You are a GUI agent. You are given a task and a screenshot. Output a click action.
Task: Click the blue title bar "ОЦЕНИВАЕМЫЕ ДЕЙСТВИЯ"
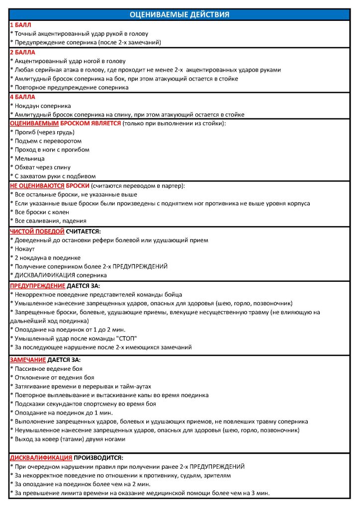tap(180, 14)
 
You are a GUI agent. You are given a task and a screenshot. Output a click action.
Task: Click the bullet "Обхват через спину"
tap(43, 167)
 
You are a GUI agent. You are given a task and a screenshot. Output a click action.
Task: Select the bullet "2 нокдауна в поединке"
tap(47, 258)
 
